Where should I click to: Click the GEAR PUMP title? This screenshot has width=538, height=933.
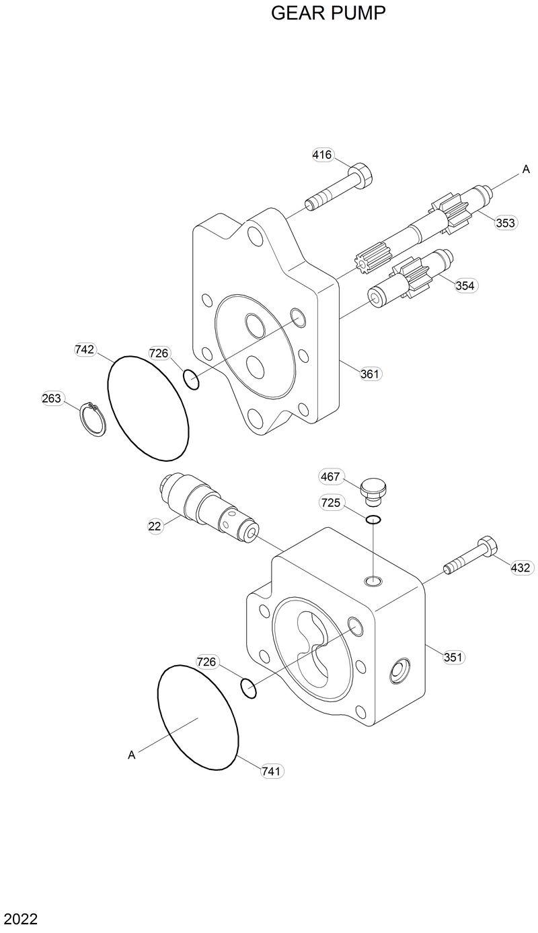(x=328, y=13)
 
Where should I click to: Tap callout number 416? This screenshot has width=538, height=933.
(x=322, y=155)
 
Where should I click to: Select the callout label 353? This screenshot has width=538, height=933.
(x=505, y=223)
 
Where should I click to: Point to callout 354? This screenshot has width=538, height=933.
(x=465, y=285)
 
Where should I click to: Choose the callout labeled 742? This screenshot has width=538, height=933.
(x=85, y=349)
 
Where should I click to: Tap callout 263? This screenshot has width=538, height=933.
(x=52, y=399)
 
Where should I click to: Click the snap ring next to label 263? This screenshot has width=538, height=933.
(x=93, y=419)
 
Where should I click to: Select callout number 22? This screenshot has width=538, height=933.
(x=155, y=526)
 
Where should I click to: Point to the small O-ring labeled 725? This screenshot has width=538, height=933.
(x=374, y=519)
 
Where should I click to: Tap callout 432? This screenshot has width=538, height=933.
(x=521, y=568)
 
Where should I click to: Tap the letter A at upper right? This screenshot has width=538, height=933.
(x=526, y=170)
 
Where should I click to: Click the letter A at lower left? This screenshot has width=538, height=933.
(x=132, y=755)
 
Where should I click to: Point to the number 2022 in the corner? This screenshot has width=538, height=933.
(x=20, y=919)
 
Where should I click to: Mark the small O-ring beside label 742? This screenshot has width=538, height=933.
(x=192, y=380)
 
